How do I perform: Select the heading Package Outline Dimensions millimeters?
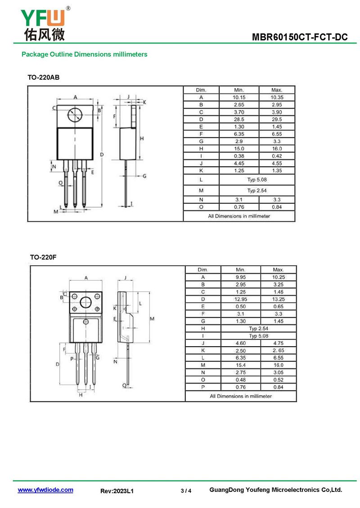tap(85, 54)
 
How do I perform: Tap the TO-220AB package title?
tap(44, 77)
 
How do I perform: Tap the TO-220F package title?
tap(43, 257)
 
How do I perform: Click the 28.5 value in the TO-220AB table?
tap(239, 119)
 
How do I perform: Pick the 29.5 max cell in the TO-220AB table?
tap(277, 119)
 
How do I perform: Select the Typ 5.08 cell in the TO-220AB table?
tap(257, 179)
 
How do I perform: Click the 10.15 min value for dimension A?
tap(239, 97)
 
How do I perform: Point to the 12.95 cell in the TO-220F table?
tap(241, 299)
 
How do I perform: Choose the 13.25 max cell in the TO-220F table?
tap(279, 299)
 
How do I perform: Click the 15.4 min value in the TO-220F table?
tap(241, 365)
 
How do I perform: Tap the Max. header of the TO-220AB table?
tap(277, 90)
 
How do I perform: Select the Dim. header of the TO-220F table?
tap(203, 270)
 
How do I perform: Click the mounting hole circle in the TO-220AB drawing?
tap(75, 115)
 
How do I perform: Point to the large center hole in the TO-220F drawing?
tap(85, 302)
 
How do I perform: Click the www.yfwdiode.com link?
tap(45, 490)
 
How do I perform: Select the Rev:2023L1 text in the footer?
tap(117, 491)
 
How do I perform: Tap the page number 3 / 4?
tap(186, 491)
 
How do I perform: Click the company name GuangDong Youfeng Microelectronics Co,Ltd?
tap(276, 490)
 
